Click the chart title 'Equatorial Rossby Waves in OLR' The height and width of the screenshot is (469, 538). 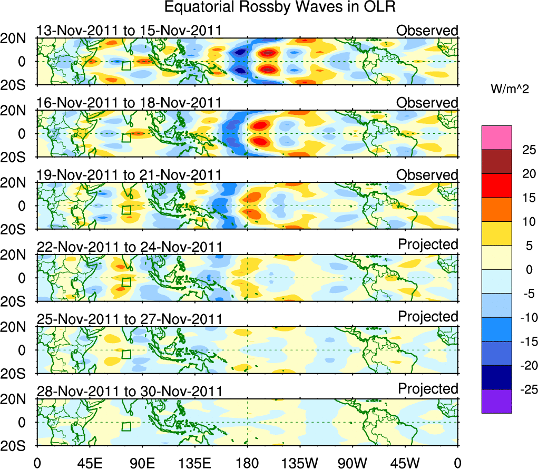click(x=280, y=7)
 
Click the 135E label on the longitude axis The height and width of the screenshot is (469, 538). click(x=194, y=462)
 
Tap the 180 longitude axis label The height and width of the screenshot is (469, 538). click(x=247, y=462)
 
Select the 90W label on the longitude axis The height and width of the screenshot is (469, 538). click(x=353, y=462)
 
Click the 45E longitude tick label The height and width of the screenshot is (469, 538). click(x=89, y=462)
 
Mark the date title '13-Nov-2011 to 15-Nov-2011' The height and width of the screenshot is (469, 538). click(x=129, y=31)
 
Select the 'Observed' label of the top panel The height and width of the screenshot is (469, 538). click(x=427, y=31)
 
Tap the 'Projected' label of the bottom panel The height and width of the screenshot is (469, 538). click(x=428, y=389)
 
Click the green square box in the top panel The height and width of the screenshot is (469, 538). click(x=126, y=65)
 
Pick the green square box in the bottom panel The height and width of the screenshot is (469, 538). click(x=126, y=426)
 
